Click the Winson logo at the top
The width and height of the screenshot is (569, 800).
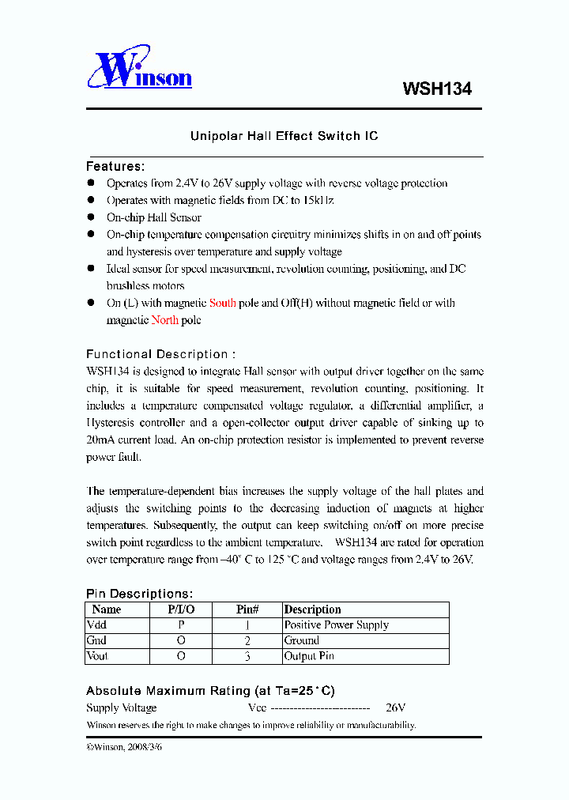[140, 72]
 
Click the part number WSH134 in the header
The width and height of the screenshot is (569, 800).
[436, 89]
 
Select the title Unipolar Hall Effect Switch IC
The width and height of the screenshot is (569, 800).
[284, 136]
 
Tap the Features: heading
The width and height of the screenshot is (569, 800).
[115, 167]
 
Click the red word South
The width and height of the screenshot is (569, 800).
[222, 303]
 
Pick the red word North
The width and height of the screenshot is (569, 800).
[165, 320]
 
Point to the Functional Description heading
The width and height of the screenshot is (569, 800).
[160, 354]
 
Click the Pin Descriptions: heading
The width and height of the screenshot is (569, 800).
[139, 594]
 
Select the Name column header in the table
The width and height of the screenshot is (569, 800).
[107, 609]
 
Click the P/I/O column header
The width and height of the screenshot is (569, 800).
[181, 609]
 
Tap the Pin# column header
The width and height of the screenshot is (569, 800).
[247, 609]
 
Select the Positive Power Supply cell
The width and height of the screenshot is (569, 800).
[337, 625]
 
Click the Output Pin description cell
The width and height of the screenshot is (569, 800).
[309, 656]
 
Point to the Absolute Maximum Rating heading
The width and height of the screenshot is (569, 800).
[210, 691]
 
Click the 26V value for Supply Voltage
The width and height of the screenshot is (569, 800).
[395, 708]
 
